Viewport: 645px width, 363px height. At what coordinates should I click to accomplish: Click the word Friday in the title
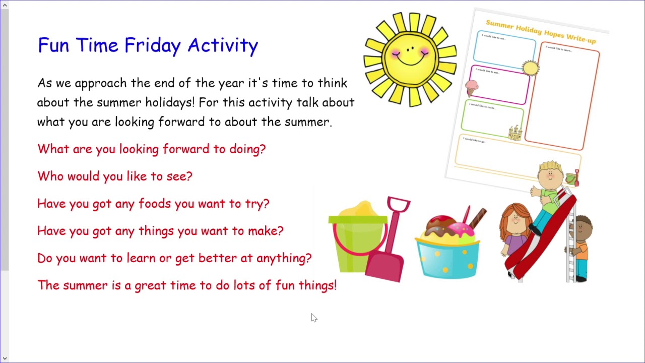[x=152, y=45]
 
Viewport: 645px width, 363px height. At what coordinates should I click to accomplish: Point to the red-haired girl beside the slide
[x=515, y=232]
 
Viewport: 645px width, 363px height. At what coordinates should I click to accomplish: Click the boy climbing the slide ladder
[x=582, y=247]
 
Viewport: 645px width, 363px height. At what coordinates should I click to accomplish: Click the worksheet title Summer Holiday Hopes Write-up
[x=540, y=31]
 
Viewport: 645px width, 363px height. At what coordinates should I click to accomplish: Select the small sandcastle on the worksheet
[x=514, y=133]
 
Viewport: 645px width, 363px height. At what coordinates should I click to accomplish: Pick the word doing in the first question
[x=247, y=149]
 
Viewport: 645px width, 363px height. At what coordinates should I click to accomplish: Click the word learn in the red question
[x=141, y=258]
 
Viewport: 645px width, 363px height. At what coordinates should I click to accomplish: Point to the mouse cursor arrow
[x=313, y=317]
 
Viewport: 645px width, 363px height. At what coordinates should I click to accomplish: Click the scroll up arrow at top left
[x=5, y=5]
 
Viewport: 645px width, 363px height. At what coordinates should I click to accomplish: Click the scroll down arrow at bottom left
[x=5, y=358]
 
